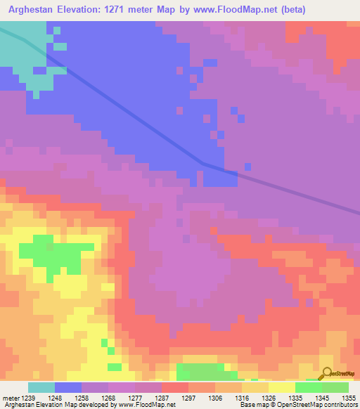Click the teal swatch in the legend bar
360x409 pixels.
(41, 387)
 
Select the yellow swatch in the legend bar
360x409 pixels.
(281, 387)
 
